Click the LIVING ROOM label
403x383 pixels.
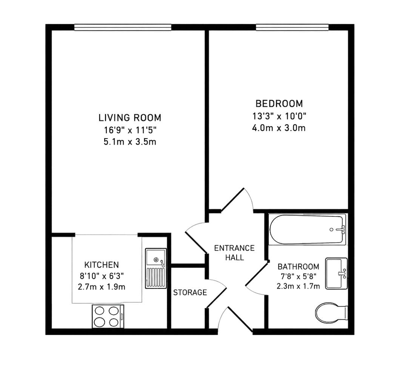click(130, 117)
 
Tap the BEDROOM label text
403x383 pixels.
click(279, 104)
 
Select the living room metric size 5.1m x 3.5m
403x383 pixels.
click(130, 142)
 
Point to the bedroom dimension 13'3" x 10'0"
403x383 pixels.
click(279, 116)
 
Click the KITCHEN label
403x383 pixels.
click(102, 265)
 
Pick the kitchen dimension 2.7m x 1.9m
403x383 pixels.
click(102, 287)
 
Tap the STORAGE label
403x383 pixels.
click(190, 292)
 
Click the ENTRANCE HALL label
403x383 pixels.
click(234, 252)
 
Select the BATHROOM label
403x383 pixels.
click(298, 266)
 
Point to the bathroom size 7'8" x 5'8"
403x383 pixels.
click(298, 276)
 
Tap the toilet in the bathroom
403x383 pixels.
click(332, 313)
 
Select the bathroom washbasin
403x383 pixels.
click(337, 274)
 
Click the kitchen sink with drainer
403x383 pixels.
click(156, 268)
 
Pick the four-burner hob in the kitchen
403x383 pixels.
click(108, 317)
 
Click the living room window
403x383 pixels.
click(123, 27)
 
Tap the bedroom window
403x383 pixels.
click(292, 27)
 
